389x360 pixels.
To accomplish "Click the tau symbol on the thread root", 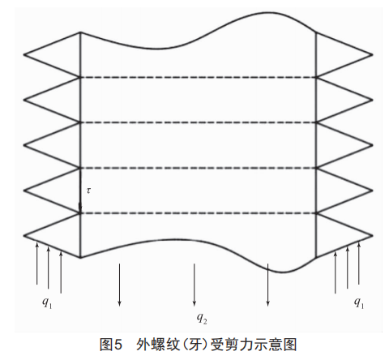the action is pyautogui.click(x=88, y=191).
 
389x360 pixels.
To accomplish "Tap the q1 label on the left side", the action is pyautogui.click(x=47, y=302).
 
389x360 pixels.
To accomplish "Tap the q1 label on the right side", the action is pyautogui.click(x=359, y=302).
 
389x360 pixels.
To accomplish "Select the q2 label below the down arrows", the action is pyautogui.click(x=202, y=318).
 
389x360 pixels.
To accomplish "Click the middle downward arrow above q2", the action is pyautogui.click(x=194, y=285).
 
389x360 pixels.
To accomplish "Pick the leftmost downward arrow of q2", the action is pyautogui.click(x=119, y=285).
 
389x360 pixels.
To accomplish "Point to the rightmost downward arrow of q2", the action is pyautogui.click(x=267, y=285).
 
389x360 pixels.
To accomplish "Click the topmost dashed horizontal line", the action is pyautogui.click(x=198, y=78).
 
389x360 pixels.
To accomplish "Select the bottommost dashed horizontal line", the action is pyautogui.click(x=198, y=213).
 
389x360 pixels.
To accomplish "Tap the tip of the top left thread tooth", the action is pyautogui.click(x=24, y=54).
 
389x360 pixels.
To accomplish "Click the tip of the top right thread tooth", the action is pyautogui.click(x=373, y=54).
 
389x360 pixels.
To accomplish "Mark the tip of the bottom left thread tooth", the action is pyautogui.click(x=24, y=236).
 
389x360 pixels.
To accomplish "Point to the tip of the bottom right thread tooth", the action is pyautogui.click(x=373, y=236).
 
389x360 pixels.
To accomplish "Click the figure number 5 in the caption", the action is pyautogui.click(x=118, y=345).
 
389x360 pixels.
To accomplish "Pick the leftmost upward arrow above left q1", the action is pyautogui.click(x=37, y=263).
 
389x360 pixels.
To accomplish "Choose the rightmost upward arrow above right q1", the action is pyautogui.click(x=359, y=263).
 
